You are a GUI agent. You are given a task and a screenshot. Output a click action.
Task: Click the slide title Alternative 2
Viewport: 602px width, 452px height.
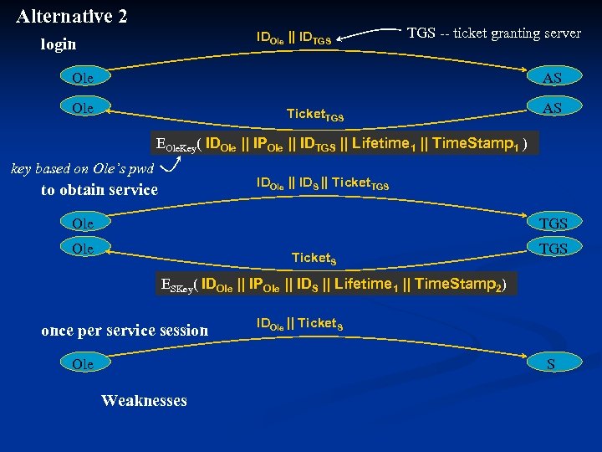coord(71,15)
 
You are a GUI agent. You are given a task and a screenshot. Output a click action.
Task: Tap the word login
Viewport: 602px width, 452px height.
coord(59,44)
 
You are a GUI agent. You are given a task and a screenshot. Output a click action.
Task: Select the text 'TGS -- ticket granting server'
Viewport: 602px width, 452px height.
coord(493,33)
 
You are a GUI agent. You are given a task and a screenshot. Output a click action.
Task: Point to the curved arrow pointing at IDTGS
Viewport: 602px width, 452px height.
coord(368,33)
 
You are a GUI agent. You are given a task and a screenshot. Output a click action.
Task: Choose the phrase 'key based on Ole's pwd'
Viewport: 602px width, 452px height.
coord(81,168)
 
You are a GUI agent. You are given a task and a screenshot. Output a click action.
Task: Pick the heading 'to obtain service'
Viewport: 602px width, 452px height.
coord(99,190)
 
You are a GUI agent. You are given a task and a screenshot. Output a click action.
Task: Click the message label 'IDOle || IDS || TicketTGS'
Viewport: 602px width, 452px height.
coord(323,183)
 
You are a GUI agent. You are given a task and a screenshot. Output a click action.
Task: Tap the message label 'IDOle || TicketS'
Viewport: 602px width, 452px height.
coord(299,323)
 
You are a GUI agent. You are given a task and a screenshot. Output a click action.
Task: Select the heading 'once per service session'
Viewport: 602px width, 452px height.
coord(125,330)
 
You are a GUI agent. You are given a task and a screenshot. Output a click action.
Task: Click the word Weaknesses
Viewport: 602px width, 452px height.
coord(144,400)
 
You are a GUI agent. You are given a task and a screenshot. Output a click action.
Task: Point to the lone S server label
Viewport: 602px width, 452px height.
coord(550,363)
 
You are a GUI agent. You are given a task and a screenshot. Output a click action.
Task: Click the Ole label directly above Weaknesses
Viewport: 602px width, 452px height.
coord(83,363)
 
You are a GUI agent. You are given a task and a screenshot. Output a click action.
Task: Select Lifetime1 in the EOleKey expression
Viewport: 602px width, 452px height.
coord(384,143)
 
